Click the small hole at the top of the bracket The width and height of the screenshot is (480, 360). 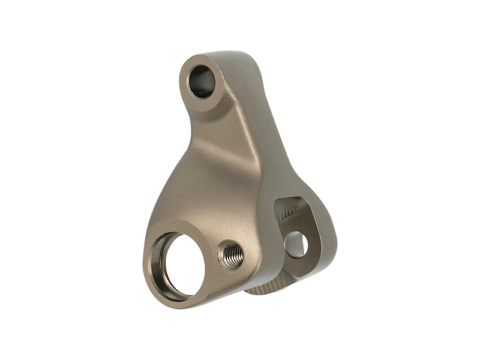202,82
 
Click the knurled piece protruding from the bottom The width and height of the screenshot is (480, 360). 264,289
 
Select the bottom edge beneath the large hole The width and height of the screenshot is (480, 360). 180,304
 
